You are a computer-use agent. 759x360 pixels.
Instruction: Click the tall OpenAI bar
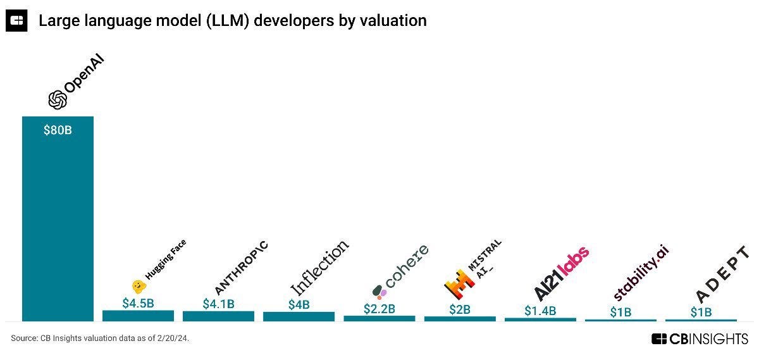click(58, 221)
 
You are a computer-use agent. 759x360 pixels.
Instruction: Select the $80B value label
click(58, 131)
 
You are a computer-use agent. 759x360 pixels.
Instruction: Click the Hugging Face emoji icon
click(138, 286)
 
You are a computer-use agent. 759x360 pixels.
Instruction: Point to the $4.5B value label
click(138, 302)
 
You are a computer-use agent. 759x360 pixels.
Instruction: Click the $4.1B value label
click(218, 304)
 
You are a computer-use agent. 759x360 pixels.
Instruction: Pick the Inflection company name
click(319, 267)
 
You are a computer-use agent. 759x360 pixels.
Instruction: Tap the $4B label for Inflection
click(299, 304)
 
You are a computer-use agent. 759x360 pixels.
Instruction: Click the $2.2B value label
click(379, 309)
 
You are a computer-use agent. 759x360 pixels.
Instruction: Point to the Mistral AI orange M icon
click(459, 284)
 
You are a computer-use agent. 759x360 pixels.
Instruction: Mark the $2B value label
click(460, 309)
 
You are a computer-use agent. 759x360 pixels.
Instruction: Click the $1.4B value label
click(540, 311)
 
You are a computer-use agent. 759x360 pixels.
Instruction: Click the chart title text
click(232, 20)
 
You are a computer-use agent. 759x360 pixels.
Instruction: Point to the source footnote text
click(100, 339)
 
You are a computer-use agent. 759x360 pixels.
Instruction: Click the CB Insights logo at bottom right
click(700, 339)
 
